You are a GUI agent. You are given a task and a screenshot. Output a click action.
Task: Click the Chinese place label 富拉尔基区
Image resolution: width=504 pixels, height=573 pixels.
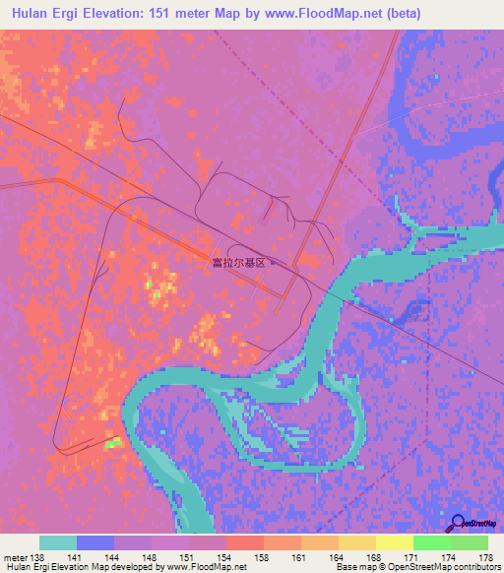(239, 263)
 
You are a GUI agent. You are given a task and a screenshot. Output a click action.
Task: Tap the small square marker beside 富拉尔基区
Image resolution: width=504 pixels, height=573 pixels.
(273, 263)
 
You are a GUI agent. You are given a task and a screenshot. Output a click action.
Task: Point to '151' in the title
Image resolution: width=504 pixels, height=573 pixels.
(162, 14)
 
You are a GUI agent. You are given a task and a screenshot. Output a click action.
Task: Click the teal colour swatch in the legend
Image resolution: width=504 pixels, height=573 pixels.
(58, 542)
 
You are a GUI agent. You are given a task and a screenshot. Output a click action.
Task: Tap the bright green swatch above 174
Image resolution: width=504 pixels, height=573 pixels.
(432, 542)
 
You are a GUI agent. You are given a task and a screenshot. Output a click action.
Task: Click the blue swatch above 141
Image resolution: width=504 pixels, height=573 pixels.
(95, 542)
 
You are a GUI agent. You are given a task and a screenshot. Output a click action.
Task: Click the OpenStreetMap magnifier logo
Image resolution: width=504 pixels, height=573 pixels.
(459, 523)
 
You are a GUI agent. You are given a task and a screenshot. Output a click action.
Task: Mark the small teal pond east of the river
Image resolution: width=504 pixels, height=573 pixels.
(391, 319)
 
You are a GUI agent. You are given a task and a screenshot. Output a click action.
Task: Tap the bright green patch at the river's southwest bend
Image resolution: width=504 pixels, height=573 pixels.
(114, 444)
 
